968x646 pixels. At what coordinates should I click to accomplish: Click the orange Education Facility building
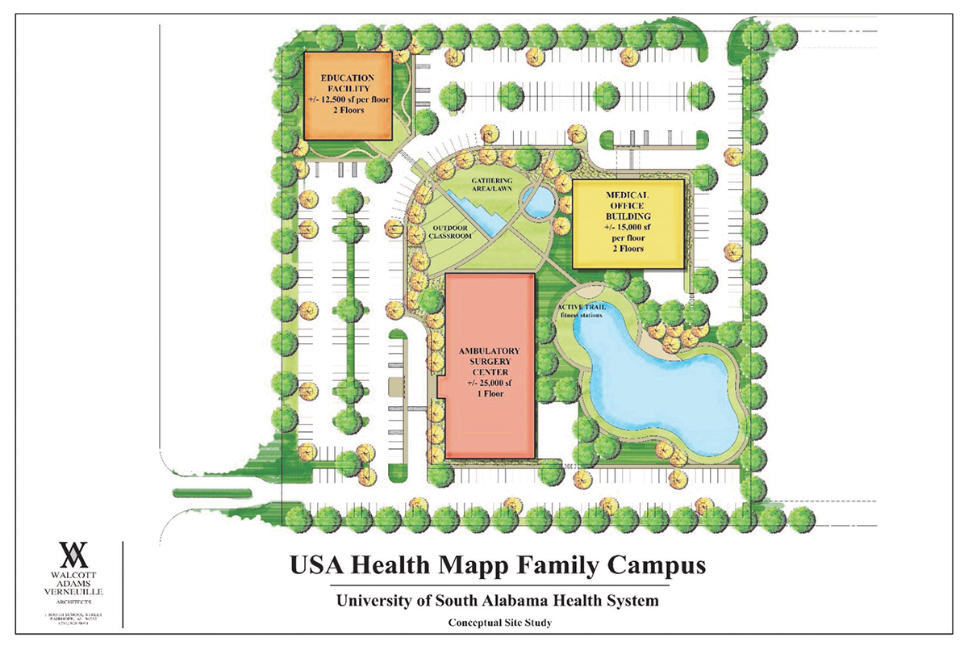tap(347, 95)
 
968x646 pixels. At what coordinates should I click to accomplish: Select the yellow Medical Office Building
tap(628, 224)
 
